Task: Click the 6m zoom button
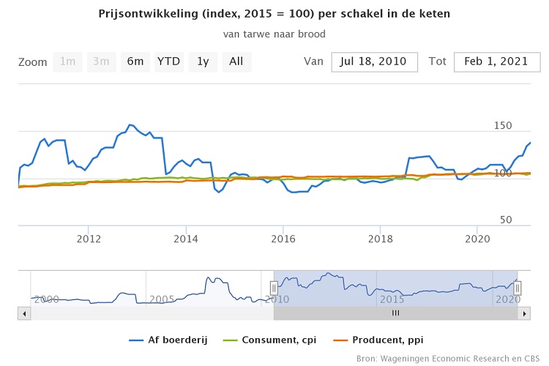(x=135, y=61)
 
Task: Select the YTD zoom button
(x=169, y=61)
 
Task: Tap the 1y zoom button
(x=203, y=61)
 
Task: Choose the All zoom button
(x=236, y=61)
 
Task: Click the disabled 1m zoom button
(x=67, y=61)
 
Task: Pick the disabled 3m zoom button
(x=101, y=61)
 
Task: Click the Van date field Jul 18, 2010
(x=374, y=61)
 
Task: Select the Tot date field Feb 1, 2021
(x=496, y=61)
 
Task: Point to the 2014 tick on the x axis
(x=186, y=238)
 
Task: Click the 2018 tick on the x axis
(x=381, y=238)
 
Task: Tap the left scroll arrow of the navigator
(x=24, y=313)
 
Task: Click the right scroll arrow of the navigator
(x=524, y=313)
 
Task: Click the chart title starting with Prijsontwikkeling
(x=274, y=14)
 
